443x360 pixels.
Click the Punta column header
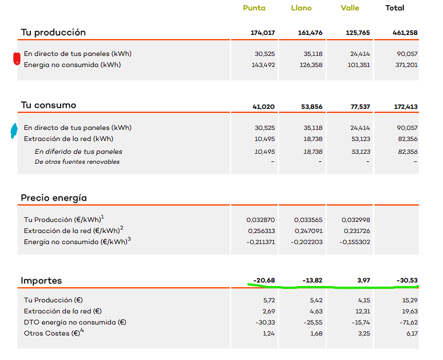point(254,8)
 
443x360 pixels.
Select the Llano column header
point(301,8)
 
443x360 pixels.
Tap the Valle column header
point(350,8)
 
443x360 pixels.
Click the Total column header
point(395,8)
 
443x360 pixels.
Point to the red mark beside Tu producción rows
point(17,59)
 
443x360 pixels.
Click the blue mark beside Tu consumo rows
point(14,131)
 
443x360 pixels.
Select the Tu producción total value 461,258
point(405,33)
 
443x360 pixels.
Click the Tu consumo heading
point(48,105)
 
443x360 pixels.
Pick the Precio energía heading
point(54,198)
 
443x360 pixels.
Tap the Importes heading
point(41,281)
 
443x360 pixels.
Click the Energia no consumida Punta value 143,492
point(263,65)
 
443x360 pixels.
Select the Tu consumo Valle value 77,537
point(360,107)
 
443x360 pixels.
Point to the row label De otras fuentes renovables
point(77,162)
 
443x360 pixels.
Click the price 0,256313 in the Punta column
point(261,231)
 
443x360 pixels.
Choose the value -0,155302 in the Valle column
point(354,242)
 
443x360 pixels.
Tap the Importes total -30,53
point(407,280)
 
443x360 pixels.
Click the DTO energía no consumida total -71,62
point(409,323)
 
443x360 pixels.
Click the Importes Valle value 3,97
point(363,280)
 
